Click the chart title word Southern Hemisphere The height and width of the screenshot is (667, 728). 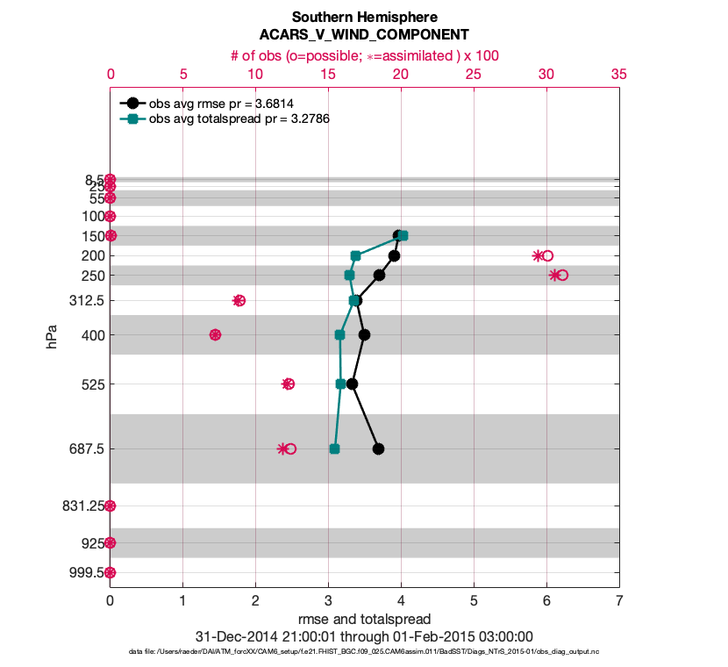[364, 18]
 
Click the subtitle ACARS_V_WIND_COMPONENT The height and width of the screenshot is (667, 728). [364, 35]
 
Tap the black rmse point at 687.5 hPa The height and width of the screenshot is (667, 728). [378, 448]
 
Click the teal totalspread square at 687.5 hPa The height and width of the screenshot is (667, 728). [334, 448]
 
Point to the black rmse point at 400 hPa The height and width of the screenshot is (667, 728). [364, 334]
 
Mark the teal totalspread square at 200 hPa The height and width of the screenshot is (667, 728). [355, 255]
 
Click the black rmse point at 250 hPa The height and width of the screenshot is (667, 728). [379, 275]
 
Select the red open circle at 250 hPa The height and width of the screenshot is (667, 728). [562, 275]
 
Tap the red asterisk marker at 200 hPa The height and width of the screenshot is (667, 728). [538, 255]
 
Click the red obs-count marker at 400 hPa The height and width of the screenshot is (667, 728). [215, 334]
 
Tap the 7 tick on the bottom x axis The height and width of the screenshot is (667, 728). [619, 601]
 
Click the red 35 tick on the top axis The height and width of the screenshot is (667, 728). [619, 75]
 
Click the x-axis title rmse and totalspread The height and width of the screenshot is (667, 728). [364, 620]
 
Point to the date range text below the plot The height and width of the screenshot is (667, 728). [364, 636]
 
